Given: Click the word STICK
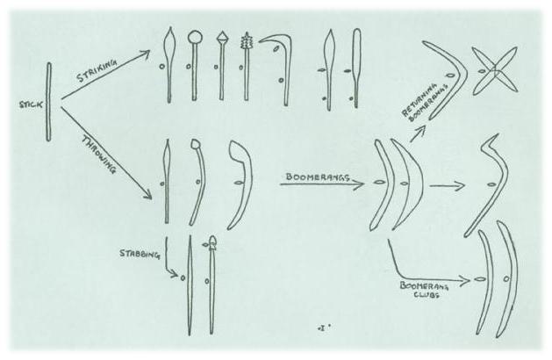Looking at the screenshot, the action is point(31,104).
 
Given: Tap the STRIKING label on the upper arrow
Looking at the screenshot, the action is point(97,70).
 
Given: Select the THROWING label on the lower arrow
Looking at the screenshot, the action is point(99,155).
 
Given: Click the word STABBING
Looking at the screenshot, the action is point(140,254).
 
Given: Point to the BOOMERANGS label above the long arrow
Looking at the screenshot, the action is point(317,176).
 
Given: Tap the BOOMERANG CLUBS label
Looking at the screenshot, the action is point(424,290).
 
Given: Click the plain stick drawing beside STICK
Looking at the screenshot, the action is point(49,102).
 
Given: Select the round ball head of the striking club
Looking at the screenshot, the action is point(195,36).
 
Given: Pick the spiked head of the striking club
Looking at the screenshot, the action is point(246,41).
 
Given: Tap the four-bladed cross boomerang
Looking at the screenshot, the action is point(495,70).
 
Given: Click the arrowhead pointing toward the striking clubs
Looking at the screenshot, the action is point(145,54).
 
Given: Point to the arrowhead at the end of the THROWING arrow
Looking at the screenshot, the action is point(147,195).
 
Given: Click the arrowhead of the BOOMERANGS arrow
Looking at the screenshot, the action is point(359,184).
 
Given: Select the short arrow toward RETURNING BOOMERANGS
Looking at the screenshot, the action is point(419,133).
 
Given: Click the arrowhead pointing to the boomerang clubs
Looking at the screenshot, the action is point(466,281).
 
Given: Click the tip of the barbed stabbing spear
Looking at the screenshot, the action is point(212,237).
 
